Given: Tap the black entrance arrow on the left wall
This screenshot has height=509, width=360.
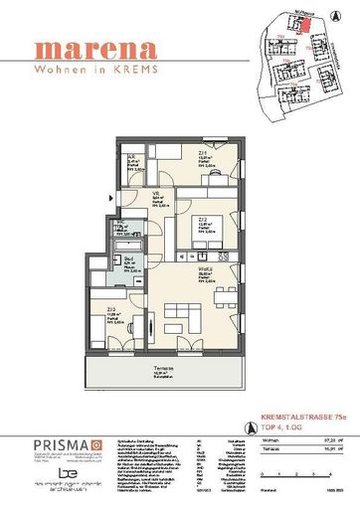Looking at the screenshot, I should coord(108,198).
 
